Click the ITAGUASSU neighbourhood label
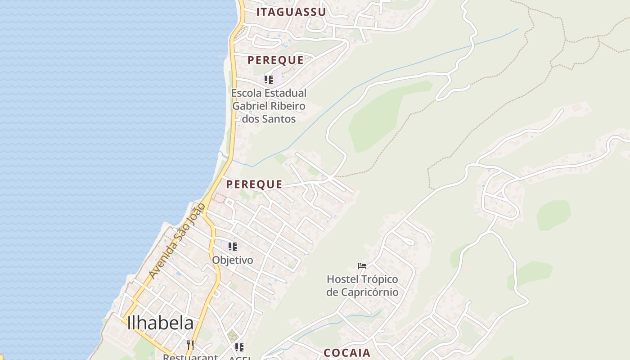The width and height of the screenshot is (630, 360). coord(291,12)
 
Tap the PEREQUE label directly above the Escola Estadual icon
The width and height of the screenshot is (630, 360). coord(275,60)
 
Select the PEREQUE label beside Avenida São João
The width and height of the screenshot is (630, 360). coord(254,184)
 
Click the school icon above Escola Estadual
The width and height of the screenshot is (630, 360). coord(269,80)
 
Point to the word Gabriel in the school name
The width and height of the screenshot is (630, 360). coord(250,106)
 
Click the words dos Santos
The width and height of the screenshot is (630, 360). coord(269,119)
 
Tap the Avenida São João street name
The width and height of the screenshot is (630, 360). coord(177,240)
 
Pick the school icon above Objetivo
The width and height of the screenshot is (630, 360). coord(233,247)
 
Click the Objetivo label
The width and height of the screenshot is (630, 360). coord(233,260)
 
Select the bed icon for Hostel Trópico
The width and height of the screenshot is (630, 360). coord(362,266)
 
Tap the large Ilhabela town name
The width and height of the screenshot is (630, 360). coord(160,323)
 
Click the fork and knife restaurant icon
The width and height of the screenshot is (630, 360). coord(190,345)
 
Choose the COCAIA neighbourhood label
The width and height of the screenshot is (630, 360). coord(347,353)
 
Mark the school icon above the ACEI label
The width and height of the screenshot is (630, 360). coord(239,347)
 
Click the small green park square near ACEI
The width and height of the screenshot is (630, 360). coord(232,336)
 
